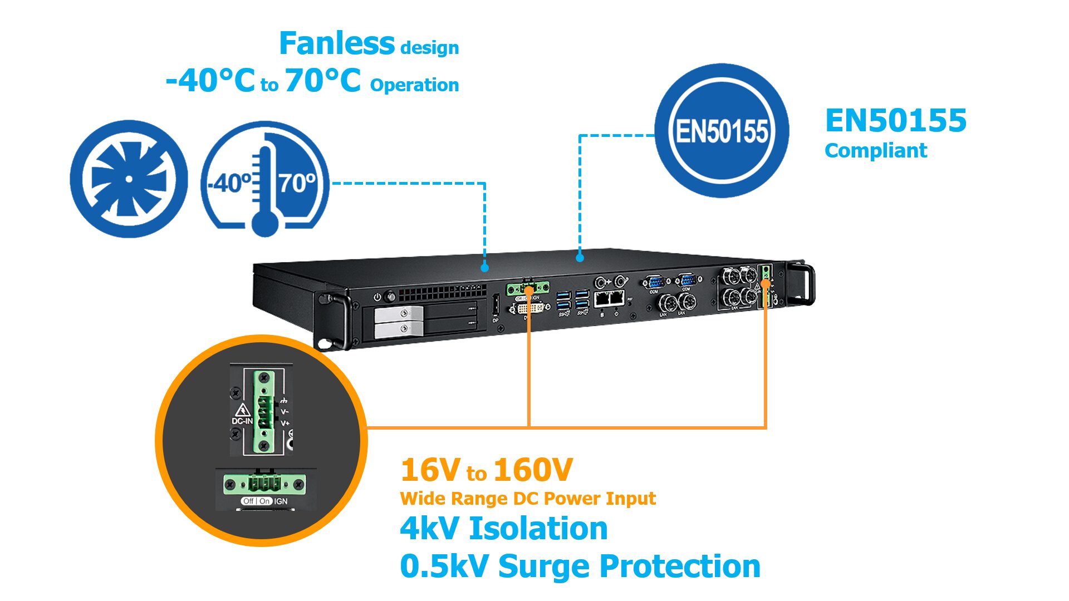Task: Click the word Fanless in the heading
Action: [x=336, y=44]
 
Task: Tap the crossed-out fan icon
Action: [x=129, y=179]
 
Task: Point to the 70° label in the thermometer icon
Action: [x=297, y=183]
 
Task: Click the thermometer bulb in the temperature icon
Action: [x=265, y=222]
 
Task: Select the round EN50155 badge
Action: [x=722, y=130]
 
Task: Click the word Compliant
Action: [x=875, y=150]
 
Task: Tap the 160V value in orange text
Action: [x=533, y=470]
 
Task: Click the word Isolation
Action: [x=538, y=528]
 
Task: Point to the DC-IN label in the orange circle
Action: [x=242, y=421]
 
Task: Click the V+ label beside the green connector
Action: [x=285, y=423]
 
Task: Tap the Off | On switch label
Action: [x=257, y=501]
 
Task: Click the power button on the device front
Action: [x=377, y=297]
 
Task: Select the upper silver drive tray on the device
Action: [x=399, y=313]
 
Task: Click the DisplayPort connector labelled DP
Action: [x=495, y=308]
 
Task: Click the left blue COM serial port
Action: [x=654, y=282]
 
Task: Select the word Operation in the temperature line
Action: [x=414, y=85]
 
